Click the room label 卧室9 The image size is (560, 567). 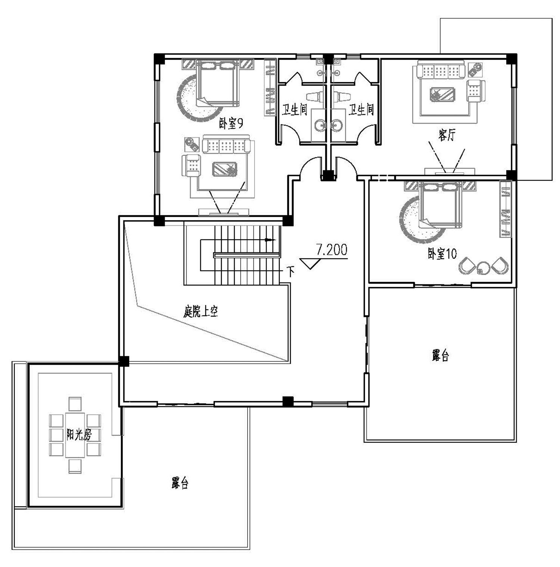click(231, 123)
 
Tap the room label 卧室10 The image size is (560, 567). click(442, 254)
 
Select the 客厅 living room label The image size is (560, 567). click(447, 135)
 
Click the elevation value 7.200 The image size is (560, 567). click(332, 250)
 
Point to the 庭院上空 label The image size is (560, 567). click(200, 311)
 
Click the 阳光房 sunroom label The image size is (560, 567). click(79, 434)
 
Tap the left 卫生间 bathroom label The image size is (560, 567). click(294, 110)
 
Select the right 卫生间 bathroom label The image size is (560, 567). click(361, 110)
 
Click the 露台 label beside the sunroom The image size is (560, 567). click(180, 483)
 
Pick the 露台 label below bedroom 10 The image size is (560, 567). click(441, 355)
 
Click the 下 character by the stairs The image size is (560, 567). click(290, 271)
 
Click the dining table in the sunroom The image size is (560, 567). click(75, 435)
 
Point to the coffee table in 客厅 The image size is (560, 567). click(442, 94)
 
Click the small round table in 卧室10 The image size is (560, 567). click(483, 267)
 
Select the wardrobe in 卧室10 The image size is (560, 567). click(505, 209)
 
